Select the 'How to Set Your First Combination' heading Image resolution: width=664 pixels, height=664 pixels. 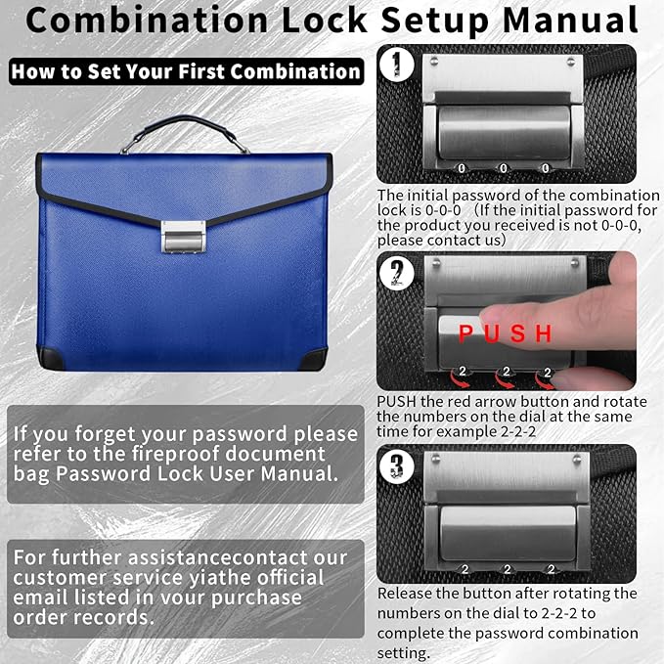186,71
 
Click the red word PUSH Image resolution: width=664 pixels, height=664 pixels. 506,334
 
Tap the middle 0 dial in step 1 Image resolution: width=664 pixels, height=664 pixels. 505,168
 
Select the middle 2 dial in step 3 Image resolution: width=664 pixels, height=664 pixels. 507,568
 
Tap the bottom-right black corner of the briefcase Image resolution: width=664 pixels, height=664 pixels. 315,359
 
